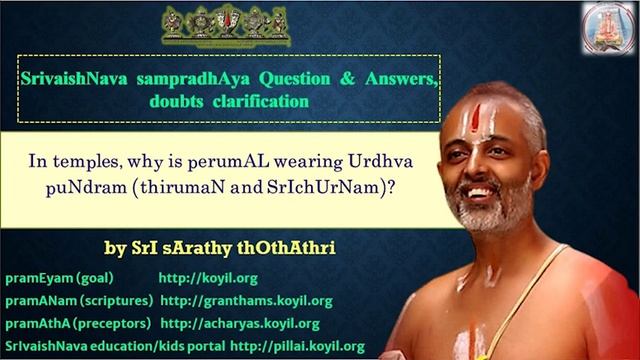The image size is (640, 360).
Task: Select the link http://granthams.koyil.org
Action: coord(246,300)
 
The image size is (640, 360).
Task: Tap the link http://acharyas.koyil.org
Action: coord(240,324)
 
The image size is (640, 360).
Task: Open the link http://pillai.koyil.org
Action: coord(297,346)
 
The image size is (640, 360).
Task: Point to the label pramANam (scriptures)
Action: coord(79,300)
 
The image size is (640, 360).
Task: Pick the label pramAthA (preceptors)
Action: coord(78,324)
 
